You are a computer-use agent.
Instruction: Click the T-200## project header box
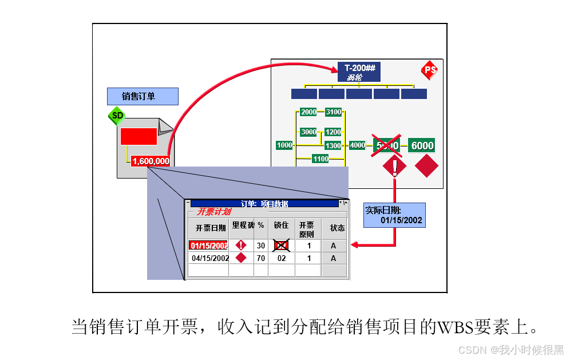coord(359,72)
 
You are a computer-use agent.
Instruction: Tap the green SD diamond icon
coord(117,116)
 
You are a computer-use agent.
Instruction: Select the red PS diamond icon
coord(430,70)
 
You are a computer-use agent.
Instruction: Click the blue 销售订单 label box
coord(143,96)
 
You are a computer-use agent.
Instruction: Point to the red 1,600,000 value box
coord(151,161)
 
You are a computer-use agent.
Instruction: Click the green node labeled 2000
coord(308,112)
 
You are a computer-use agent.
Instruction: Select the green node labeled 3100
coord(334,112)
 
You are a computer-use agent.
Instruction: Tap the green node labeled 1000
coord(284,145)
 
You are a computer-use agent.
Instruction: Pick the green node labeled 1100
coord(320,159)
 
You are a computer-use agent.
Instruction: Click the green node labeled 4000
coord(357,145)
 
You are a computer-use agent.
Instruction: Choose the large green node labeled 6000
coord(422,146)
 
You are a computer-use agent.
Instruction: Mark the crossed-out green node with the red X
coord(386,145)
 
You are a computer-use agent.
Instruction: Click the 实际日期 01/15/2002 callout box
coord(394,215)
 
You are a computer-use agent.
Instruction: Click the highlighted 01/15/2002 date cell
coord(209,246)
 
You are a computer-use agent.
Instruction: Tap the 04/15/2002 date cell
coord(209,258)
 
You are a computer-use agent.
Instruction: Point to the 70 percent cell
coord(261,258)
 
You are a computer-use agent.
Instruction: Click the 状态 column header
coord(337,228)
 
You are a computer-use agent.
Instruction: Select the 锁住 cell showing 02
coord(282,258)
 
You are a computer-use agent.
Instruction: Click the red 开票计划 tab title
coord(213,212)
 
